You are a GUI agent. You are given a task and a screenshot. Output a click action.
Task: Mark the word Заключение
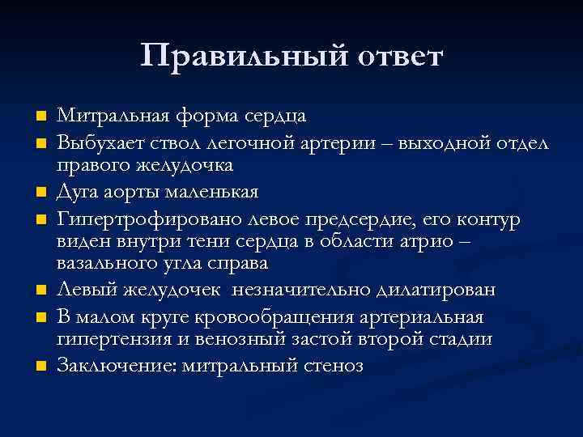(x=111, y=366)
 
